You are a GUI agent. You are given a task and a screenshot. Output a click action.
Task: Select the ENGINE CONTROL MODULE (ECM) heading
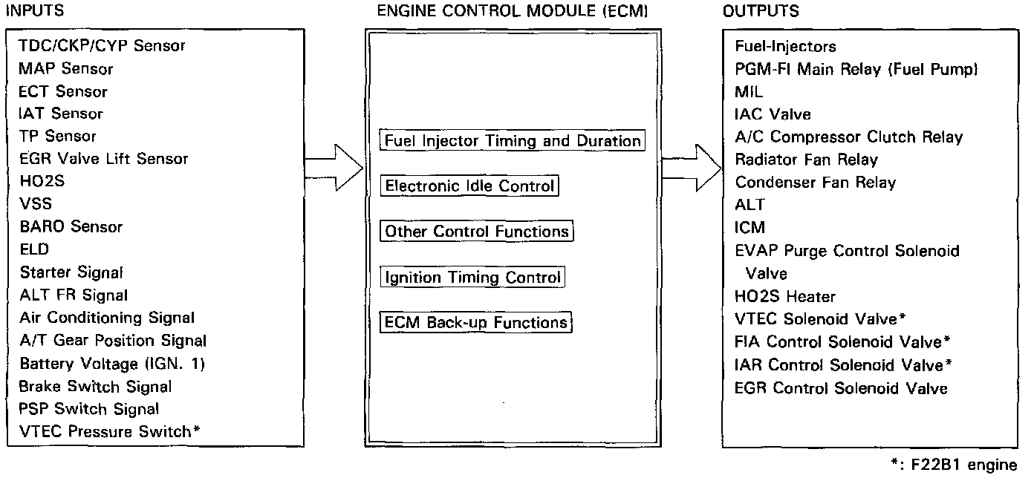click(x=513, y=10)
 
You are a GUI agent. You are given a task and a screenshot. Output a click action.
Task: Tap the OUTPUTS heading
click(x=761, y=10)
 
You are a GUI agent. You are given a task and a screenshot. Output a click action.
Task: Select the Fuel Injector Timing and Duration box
click(x=512, y=140)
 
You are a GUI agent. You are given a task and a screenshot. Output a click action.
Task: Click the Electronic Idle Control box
click(x=469, y=186)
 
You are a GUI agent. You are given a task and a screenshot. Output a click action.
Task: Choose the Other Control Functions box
click(x=477, y=232)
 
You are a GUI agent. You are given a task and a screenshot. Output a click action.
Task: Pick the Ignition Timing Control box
click(x=472, y=278)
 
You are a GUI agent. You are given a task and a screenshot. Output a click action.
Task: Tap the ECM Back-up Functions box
click(x=476, y=323)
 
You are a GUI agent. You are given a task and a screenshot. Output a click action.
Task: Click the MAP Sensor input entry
click(x=66, y=69)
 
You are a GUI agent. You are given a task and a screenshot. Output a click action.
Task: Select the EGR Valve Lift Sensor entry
click(x=104, y=159)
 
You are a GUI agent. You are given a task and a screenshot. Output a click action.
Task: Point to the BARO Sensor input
click(x=71, y=226)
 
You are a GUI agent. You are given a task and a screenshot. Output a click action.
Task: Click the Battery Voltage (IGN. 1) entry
click(x=112, y=364)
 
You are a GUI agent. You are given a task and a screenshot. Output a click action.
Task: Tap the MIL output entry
click(x=749, y=92)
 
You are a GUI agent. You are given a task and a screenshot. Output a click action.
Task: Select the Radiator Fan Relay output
click(x=806, y=160)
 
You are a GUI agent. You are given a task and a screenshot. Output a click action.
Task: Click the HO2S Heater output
click(x=785, y=297)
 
